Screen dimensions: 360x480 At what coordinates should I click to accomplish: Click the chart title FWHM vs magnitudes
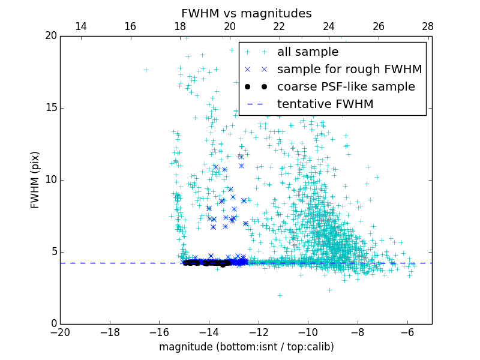click(246, 13)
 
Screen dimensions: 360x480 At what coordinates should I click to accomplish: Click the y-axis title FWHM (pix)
click(35, 179)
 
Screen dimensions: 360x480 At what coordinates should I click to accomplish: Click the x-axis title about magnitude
click(246, 347)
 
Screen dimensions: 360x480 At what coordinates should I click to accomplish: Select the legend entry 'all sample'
click(308, 52)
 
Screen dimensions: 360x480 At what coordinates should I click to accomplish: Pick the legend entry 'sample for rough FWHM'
click(349, 70)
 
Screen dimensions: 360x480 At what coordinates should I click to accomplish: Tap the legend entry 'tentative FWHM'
click(325, 104)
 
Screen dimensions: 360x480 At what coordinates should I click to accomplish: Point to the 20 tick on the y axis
click(50, 36)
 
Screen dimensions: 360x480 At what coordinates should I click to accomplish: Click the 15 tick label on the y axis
click(50, 108)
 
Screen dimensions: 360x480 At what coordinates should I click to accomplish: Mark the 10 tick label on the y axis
click(50, 180)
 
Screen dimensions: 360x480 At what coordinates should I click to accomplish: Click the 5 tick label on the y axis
click(53, 252)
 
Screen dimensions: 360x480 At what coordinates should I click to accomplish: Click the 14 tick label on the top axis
click(80, 27)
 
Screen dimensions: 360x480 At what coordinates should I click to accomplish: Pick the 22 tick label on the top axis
click(279, 27)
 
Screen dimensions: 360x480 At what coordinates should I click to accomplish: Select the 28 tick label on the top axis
click(428, 27)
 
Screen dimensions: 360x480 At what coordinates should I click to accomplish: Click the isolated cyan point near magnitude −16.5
click(146, 70)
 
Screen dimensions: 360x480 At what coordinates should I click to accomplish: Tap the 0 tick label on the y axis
click(53, 324)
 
